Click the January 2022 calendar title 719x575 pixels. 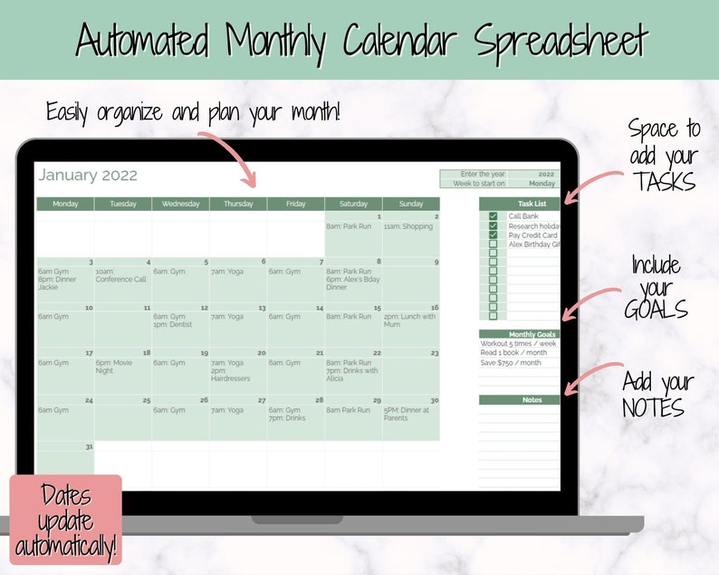point(88,176)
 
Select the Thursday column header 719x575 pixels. point(238,204)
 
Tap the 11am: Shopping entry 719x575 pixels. point(408,226)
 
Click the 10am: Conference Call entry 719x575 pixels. point(120,275)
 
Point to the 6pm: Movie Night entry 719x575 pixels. point(117,367)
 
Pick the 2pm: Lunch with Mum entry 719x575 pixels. point(410,321)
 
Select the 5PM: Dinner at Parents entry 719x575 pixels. point(407,414)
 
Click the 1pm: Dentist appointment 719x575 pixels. point(173,324)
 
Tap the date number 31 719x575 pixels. point(89,446)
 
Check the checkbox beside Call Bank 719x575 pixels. point(493,216)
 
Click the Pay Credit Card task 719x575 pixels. point(532,235)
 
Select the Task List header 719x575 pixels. point(532,204)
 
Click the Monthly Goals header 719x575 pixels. point(532,334)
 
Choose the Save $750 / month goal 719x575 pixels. point(511,363)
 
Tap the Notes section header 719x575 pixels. point(532,399)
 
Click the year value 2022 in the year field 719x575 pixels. point(546,174)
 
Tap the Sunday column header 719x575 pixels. point(411,204)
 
